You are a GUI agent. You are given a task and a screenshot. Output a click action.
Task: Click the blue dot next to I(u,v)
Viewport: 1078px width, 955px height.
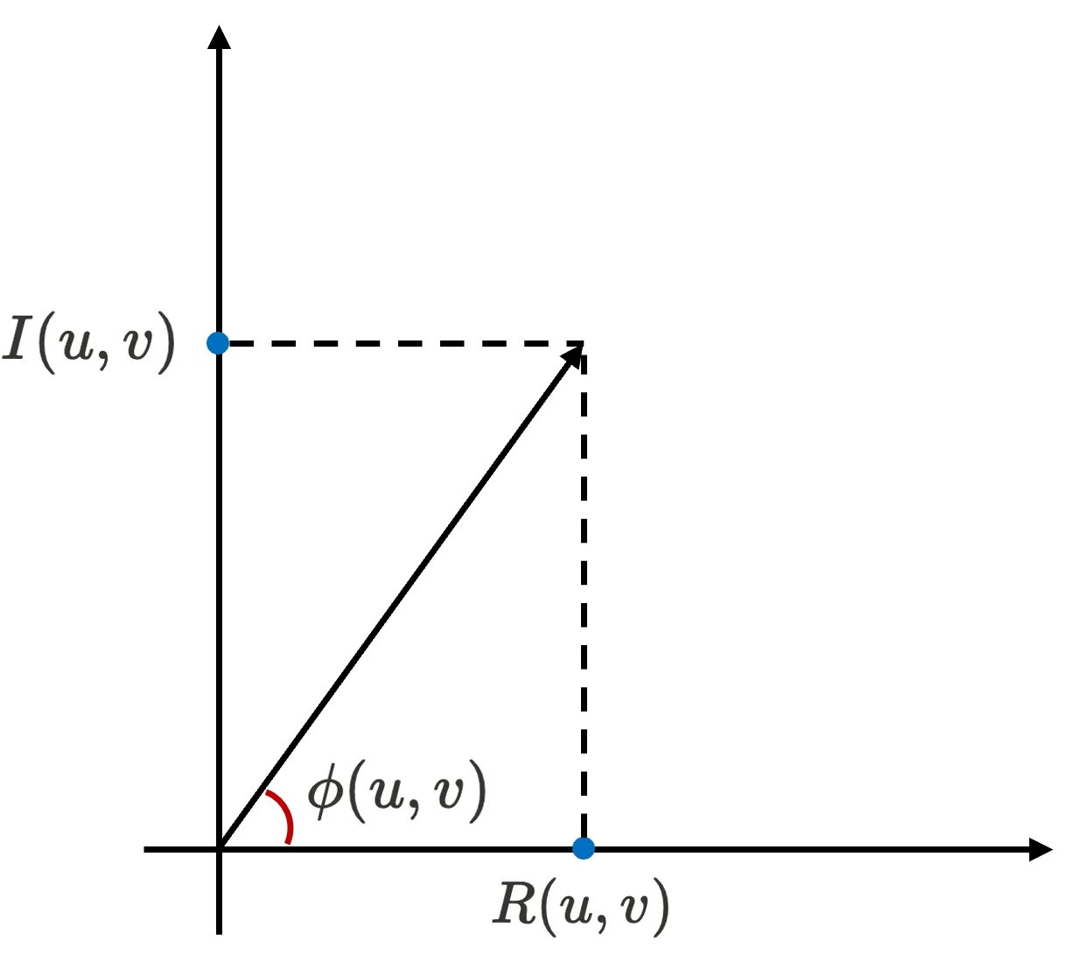tap(216, 343)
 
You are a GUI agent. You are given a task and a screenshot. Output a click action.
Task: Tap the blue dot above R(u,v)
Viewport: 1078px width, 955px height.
tap(583, 847)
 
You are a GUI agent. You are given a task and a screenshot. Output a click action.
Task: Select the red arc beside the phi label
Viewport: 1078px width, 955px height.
tap(283, 815)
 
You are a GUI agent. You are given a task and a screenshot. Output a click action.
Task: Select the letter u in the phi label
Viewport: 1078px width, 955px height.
tap(384, 793)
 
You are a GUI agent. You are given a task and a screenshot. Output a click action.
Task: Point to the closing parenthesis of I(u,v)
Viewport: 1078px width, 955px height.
tap(166, 343)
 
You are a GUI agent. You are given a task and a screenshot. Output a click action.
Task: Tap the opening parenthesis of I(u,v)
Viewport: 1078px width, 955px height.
tap(44, 343)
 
